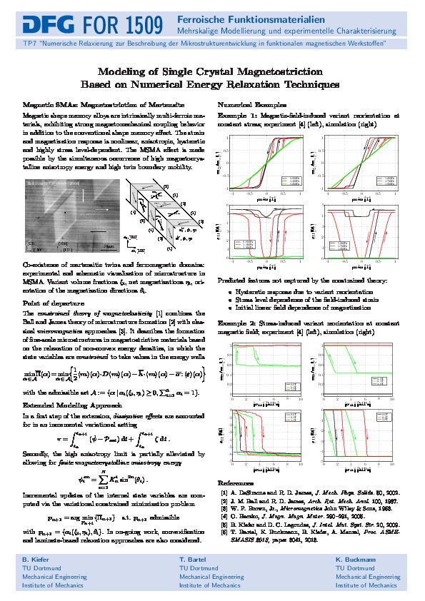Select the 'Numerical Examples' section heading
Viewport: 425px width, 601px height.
point(248,104)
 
